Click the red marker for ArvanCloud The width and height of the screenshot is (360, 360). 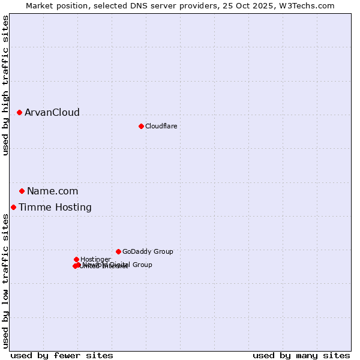(19, 112)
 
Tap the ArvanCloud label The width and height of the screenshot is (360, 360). (52, 113)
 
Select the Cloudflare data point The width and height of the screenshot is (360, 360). (141, 126)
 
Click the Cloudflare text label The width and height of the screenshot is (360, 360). (161, 126)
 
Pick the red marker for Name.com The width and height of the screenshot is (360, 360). (22, 191)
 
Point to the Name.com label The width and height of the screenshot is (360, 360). (52, 191)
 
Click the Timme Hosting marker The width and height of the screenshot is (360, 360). (13, 207)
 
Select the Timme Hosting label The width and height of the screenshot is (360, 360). (55, 208)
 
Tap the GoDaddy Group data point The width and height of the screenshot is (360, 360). (118, 251)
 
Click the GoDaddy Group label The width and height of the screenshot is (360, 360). (148, 252)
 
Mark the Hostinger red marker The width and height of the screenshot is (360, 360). (76, 259)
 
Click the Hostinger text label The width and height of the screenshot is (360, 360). (95, 260)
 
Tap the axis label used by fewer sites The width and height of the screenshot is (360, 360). (62, 355)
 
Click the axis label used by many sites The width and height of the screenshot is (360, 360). (301, 355)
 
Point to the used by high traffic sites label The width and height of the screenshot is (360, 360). (6, 85)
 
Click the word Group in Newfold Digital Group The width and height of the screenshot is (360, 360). (142, 265)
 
